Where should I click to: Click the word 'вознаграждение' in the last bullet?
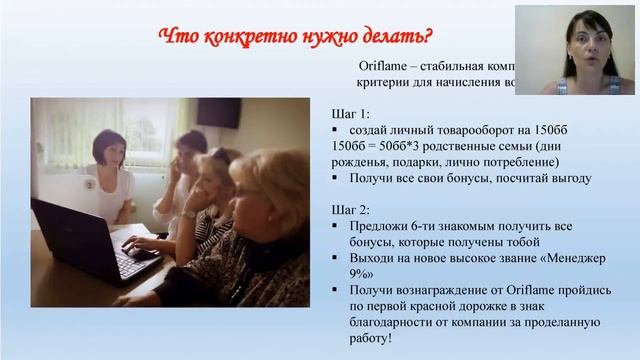tap(436, 289)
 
